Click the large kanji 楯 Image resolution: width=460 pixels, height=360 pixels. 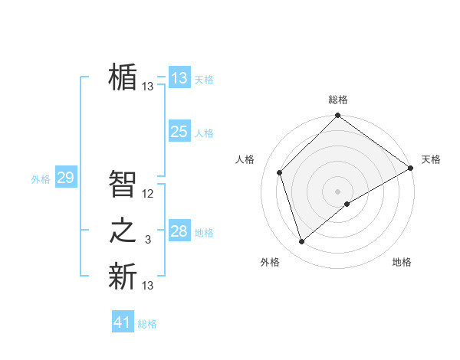[123, 77]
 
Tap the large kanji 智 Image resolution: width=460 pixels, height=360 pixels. [123, 184]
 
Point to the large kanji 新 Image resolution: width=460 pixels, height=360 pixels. [123, 277]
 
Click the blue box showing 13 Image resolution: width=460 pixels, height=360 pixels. [179, 77]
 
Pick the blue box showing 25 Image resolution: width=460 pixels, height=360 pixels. [179, 132]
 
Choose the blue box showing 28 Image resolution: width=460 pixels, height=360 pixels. [179, 231]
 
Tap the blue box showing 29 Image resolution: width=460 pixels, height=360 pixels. [65, 178]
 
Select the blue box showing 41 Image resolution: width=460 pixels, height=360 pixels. [123, 322]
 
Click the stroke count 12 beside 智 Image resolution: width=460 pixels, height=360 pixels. [148, 194]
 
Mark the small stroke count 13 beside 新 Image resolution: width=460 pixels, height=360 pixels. [148, 286]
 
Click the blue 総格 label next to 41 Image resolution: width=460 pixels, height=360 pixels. [147, 324]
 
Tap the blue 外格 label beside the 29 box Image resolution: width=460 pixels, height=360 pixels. [41, 179]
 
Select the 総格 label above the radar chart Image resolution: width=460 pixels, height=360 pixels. [337, 100]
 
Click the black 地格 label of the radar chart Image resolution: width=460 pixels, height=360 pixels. [402, 263]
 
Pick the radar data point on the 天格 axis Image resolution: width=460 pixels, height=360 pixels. [411, 168]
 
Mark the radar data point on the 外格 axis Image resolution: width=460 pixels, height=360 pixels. [301, 242]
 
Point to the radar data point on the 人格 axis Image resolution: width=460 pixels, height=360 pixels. [280, 172]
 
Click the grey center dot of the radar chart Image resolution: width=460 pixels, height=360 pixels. [337, 191]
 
